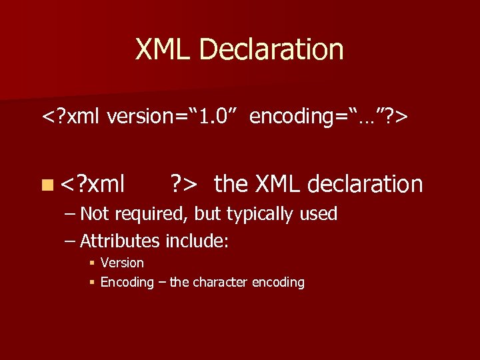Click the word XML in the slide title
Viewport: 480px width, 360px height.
click(163, 50)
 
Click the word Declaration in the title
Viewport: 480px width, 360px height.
click(271, 50)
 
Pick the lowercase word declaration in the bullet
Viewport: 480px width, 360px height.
click(365, 184)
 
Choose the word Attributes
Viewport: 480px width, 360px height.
click(119, 241)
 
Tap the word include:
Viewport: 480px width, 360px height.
click(197, 241)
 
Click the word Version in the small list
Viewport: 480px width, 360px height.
click(122, 263)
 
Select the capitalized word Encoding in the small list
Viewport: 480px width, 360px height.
click(127, 282)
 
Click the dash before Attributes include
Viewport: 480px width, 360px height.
click(71, 241)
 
